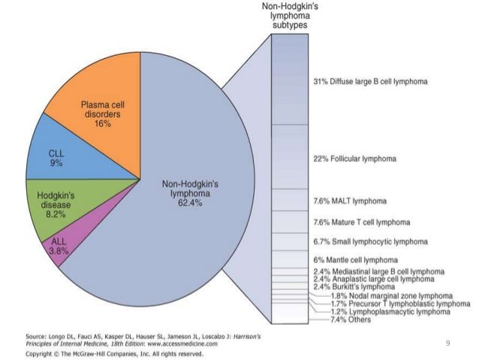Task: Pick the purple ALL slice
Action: coord(62,245)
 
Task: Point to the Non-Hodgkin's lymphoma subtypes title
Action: coord(289,15)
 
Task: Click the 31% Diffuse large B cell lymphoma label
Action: coord(364,80)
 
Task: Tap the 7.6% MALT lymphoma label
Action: coord(348,201)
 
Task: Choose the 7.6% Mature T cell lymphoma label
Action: coord(360,222)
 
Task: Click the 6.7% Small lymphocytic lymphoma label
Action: coord(369,242)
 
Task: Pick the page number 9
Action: coord(447,343)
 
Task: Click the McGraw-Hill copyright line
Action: coord(111,352)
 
